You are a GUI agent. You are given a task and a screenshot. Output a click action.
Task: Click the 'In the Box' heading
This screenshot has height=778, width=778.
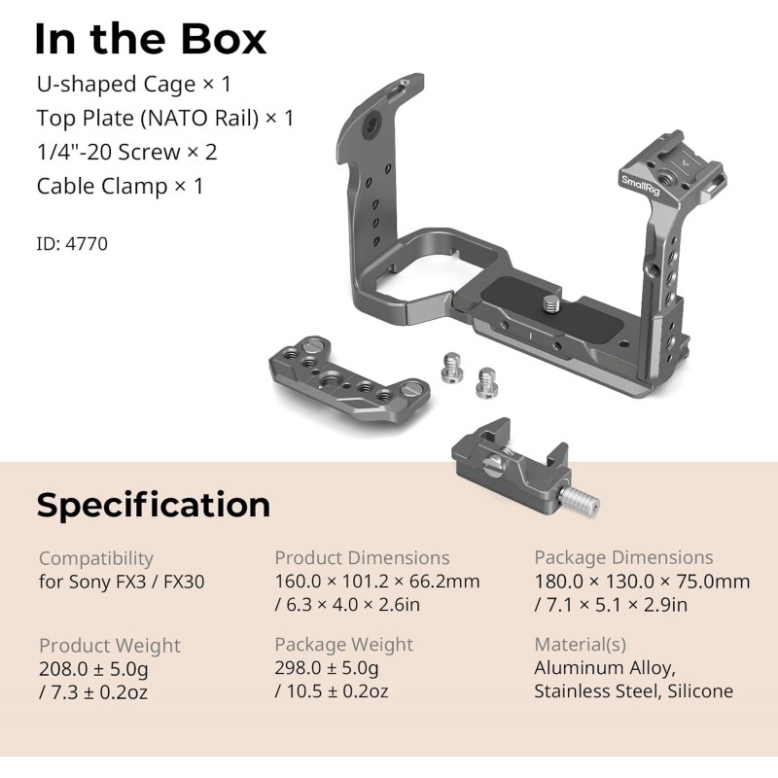[151, 39]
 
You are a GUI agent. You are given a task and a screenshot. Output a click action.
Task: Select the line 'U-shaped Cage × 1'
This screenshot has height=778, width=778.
[134, 85]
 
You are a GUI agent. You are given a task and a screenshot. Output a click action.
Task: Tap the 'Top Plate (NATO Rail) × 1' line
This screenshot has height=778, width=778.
[165, 119]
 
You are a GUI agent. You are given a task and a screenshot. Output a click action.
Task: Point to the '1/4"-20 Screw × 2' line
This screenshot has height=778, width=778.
[127, 152]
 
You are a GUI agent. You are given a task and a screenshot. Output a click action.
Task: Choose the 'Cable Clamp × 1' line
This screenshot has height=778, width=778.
[120, 187]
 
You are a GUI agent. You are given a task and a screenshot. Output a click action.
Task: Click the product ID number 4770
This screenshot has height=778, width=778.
[87, 244]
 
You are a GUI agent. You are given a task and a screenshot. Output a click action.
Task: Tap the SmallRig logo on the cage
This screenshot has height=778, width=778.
[641, 186]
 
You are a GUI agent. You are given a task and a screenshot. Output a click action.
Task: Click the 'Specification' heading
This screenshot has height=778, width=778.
[154, 505]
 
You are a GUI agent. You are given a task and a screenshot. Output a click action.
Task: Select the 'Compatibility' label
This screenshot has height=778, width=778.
[96, 558]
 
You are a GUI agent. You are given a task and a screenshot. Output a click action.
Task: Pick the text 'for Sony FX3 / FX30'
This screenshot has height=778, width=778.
[122, 582]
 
